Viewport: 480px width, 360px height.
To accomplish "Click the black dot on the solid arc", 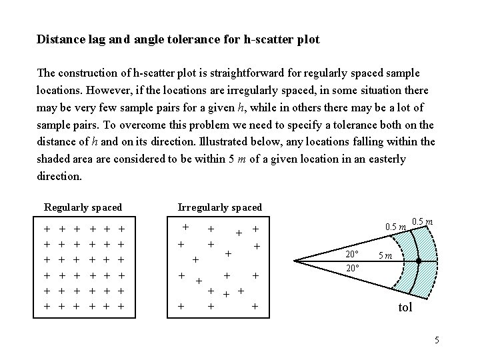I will pos(417,261).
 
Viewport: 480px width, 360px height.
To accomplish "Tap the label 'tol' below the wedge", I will pos(405,308).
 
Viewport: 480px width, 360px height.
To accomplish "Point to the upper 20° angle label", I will pos(352,254).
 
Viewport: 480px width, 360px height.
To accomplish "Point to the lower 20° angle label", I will pos(352,268).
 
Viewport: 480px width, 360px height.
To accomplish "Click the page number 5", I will pos(437,341).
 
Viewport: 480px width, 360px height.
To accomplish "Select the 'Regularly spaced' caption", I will pos(83,207).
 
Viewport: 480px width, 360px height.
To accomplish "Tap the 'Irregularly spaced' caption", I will pos(220,207).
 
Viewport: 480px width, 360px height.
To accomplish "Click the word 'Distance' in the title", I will pos(58,40).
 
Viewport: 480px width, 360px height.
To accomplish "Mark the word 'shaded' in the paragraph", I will pos(54,160).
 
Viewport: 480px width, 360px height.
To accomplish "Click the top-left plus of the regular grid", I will pos(47,229).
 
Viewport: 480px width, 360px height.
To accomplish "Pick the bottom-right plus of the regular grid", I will pos(121,307).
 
